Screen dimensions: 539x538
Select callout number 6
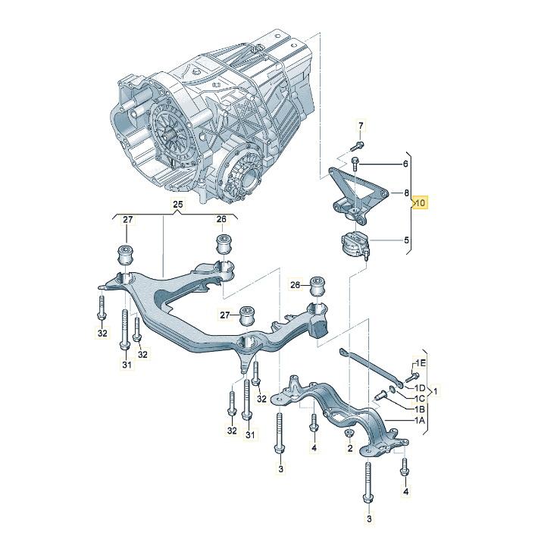point(406,163)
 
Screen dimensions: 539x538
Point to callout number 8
point(406,193)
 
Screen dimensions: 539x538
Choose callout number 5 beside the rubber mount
point(406,241)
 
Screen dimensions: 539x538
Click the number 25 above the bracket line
point(177,204)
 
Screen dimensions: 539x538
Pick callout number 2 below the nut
point(350,449)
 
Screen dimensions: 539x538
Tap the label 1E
point(420,363)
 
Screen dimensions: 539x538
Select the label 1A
point(419,419)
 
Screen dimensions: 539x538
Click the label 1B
point(419,408)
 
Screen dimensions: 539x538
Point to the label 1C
point(419,398)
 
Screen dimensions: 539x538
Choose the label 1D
point(419,387)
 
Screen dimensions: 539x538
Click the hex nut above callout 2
point(349,433)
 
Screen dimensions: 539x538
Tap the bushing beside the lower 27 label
point(248,313)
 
